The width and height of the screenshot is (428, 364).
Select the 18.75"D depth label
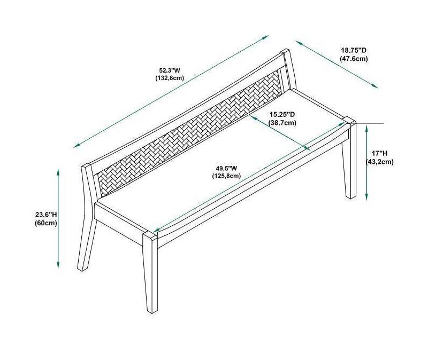354,51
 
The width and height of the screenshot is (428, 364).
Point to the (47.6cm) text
354,59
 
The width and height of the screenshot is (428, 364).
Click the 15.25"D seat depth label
282,114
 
